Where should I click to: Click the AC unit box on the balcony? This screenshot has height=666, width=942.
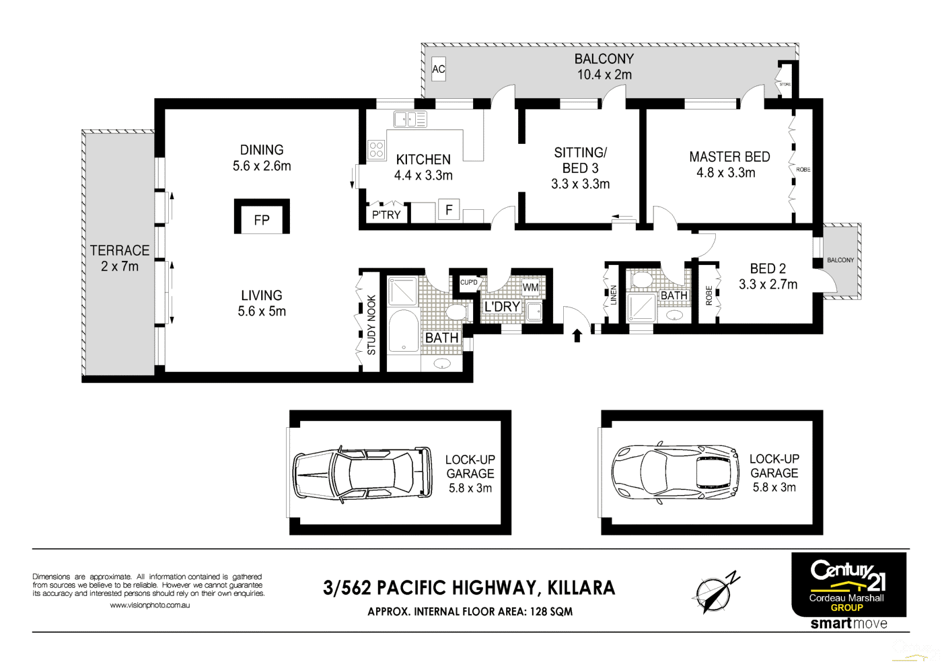point(438,69)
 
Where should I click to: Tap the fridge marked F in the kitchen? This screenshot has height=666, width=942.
point(449,210)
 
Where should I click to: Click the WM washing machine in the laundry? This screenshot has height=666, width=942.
point(530,287)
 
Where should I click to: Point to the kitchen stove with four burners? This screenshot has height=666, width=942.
point(377,150)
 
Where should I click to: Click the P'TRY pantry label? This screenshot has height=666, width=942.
point(386,215)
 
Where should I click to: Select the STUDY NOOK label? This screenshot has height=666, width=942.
point(371,325)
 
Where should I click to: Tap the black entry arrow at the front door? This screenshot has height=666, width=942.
point(577,335)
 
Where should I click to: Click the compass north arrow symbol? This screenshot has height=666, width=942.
point(715,592)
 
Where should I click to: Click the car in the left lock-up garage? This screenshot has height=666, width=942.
point(362,474)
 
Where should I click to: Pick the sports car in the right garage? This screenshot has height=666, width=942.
point(675,472)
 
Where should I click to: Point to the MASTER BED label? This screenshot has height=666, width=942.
point(729,157)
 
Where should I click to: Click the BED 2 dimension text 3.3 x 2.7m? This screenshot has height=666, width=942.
point(768,285)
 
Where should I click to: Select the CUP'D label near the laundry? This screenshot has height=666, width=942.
point(469,283)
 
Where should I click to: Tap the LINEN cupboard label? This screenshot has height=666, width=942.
point(613,295)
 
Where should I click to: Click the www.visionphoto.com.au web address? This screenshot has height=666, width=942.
point(149,605)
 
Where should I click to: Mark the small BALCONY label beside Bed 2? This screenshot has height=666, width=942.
point(840,260)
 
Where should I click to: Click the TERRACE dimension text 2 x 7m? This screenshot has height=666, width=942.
point(120,266)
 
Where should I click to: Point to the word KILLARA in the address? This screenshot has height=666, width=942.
point(581,588)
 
